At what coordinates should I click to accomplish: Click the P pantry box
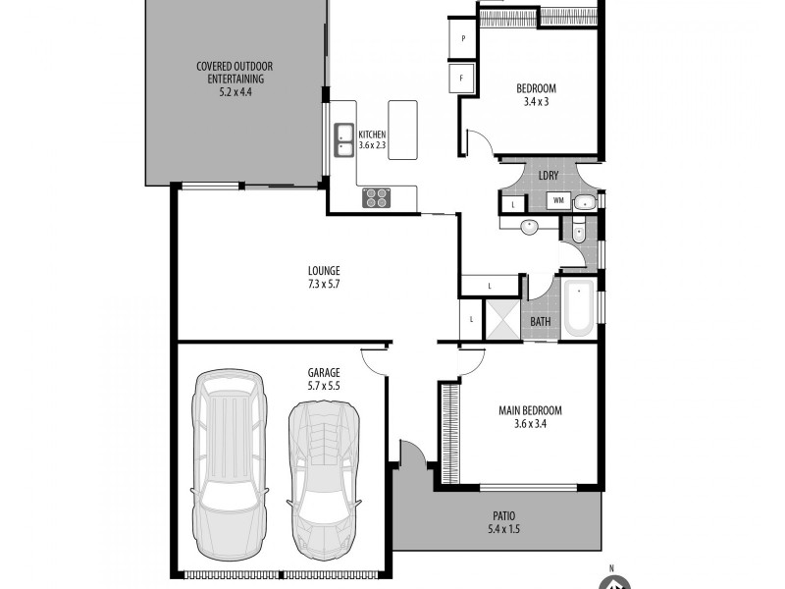point(461,39)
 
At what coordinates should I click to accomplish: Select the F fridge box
point(461,77)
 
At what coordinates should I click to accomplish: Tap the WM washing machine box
point(557,201)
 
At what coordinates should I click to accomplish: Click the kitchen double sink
point(344,138)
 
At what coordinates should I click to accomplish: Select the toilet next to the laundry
point(578,232)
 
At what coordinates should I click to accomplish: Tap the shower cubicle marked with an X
point(504,320)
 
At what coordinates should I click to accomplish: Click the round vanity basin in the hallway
point(529,227)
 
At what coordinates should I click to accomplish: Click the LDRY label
point(549,176)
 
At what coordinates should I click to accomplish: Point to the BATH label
point(541,321)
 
